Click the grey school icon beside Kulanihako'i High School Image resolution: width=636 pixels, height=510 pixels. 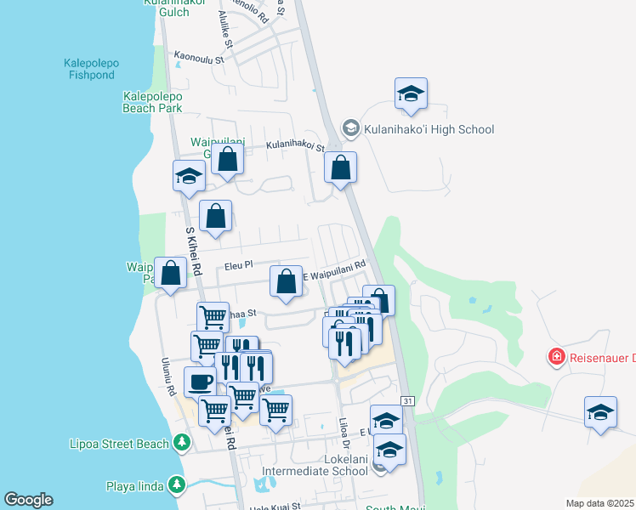[x=350, y=127]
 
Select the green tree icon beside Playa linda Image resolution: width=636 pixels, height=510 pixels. [x=176, y=485]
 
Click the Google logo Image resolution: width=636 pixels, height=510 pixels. [x=28, y=500]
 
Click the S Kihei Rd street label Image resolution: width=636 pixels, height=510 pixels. [x=193, y=252]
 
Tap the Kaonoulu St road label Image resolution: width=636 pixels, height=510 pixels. [x=199, y=58]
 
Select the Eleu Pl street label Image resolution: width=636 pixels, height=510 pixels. [x=239, y=265]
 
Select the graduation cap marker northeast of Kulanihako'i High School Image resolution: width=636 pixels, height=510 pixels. [x=411, y=93]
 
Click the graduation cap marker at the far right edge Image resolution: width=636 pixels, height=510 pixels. [x=600, y=412]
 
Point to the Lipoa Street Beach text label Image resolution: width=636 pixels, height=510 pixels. [x=118, y=444]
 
